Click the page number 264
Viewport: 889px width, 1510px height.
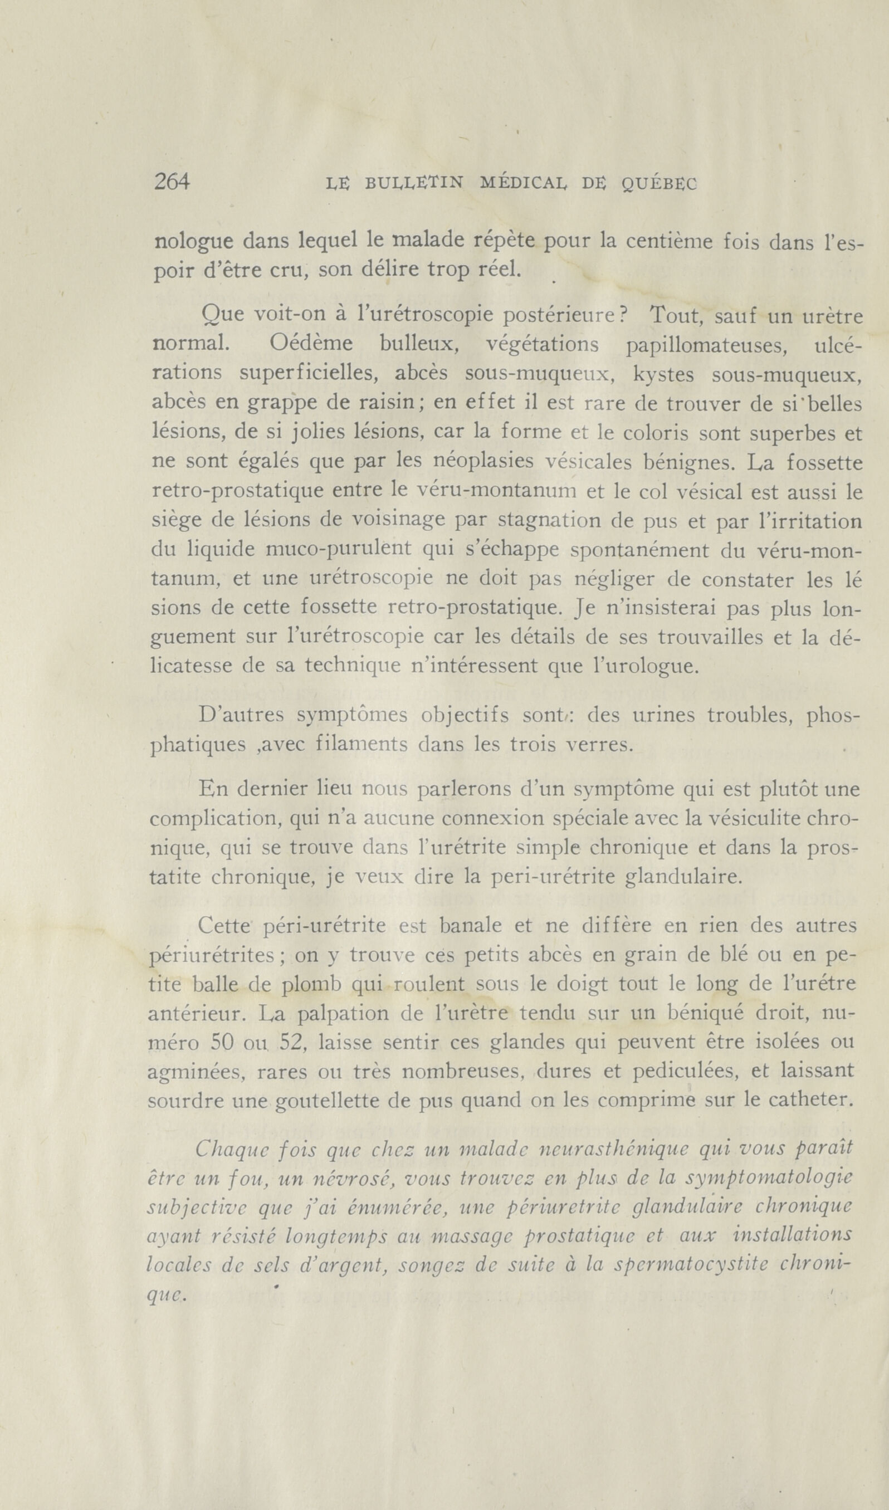pos(172,181)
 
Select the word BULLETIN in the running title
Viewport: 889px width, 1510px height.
pos(414,183)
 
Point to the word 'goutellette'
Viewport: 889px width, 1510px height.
pos(331,1101)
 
